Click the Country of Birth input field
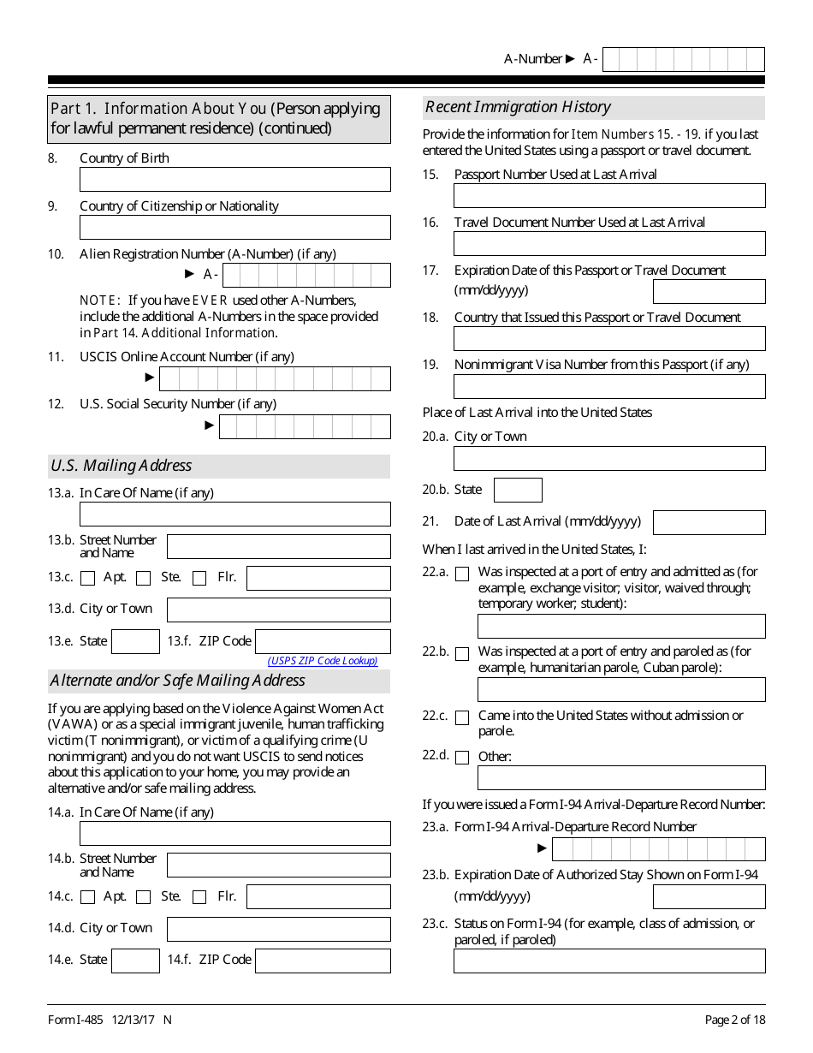pyautogui.click(x=234, y=179)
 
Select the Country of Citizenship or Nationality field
pyautogui.click(x=234, y=227)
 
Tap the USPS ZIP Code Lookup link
pyautogui.click(x=323, y=661)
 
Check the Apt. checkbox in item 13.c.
pyautogui.click(x=87, y=579)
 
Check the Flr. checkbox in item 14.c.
pyautogui.click(x=199, y=897)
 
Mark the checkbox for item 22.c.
pyautogui.click(x=462, y=718)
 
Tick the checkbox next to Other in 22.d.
pyautogui.click(x=462, y=758)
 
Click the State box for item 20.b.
pyautogui.click(x=518, y=491)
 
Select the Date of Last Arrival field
pyautogui.click(x=709, y=522)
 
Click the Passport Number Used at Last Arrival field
pyautogui.click(x=609, y=196)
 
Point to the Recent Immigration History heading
pyautogui.click(x=518, y=107)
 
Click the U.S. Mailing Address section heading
pyautogui.click(x=121, y=466)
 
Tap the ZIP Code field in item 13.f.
pyautogui.click(x=323, y=641)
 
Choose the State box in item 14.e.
pyautogui.click(x=135, y=961)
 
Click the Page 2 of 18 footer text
pyautogui.click(x=734, y=1020)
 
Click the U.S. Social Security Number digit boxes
pyautogui.click(x=305, y=426)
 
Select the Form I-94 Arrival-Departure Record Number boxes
pyautogui.click(x=658, y=849)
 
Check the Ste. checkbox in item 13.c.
pyautogui.click(x=143, y=579)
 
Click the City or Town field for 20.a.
pyautogui.click(x=609, y=459)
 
